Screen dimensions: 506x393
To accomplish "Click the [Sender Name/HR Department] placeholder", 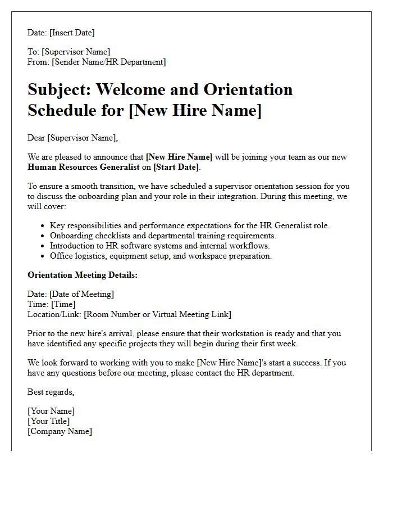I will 109,62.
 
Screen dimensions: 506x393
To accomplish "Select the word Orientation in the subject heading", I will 248,89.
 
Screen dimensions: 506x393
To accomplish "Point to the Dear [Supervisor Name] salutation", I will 73,138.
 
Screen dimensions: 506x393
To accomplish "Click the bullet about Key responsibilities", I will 190,225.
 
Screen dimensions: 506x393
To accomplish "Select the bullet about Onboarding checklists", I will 163,236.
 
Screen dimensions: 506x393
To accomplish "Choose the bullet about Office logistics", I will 161,256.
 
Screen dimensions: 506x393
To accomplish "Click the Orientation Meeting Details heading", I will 83,275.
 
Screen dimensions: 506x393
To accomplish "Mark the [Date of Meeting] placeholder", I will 81,294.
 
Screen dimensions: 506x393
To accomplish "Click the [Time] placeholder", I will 63,304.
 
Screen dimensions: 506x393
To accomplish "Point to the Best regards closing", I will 51,392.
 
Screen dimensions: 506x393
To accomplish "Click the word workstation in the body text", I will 220,333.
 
